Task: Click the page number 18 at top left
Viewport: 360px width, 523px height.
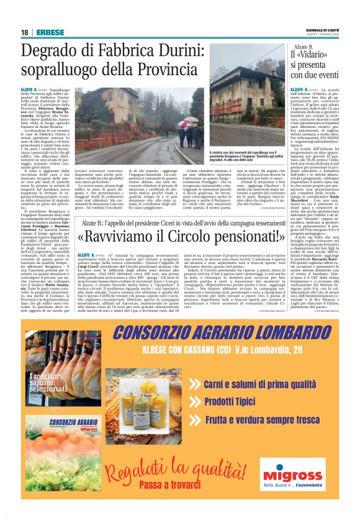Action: (25, 32)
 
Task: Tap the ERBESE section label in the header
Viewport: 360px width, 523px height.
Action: (48, 32)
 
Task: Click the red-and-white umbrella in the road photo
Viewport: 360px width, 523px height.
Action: (184, 123)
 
